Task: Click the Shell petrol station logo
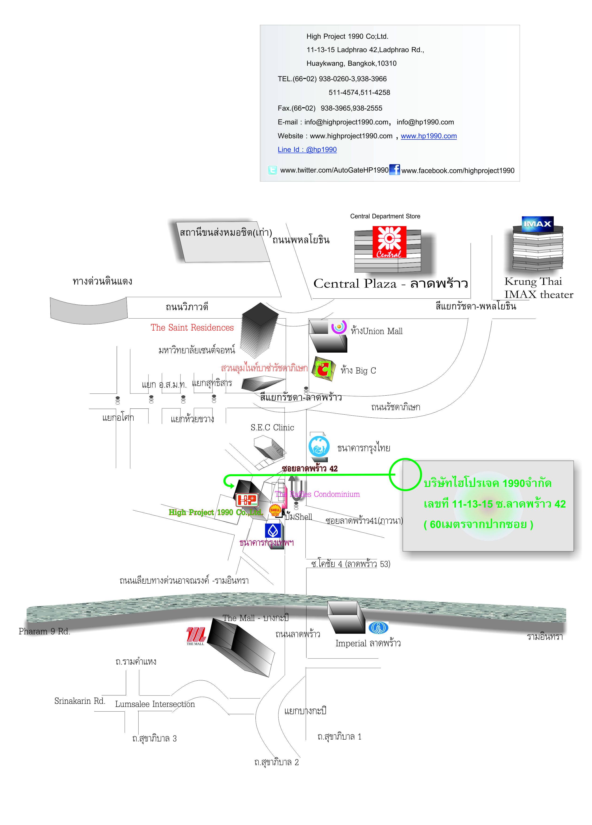click(x=275, y=510)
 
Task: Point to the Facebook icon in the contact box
click(x=395, y=170)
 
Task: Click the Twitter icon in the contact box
click(x=272, y=170)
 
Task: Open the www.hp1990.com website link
click(x=428, y=136)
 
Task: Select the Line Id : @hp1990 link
click(x=307, y=150)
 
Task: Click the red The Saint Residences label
click(x=192, y=328)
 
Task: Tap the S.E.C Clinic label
click(x=272, y=428)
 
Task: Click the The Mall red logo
click(x=196, y=635)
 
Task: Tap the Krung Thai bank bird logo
click(x=319, y=446)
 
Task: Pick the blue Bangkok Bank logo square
click(x=273, y=531)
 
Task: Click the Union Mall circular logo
click(x=339, y=327)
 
